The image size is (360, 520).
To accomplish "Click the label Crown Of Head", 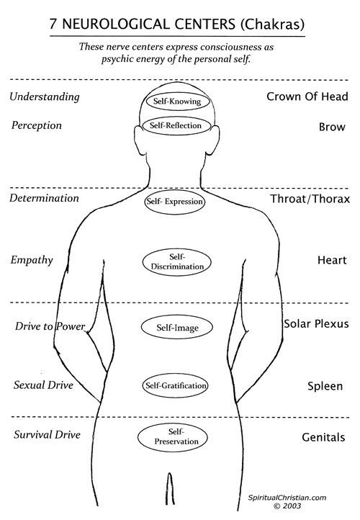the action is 307,97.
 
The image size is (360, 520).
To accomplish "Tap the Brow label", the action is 332,127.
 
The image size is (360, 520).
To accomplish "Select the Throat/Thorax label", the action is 310,199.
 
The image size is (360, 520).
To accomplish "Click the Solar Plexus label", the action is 316,323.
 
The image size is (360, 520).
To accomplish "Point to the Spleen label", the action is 325,386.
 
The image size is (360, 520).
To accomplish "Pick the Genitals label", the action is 323,437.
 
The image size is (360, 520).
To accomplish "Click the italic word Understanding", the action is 45,97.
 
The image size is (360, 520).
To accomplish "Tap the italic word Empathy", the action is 32,260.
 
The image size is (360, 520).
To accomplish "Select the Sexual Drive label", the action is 43,385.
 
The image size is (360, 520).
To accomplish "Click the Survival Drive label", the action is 47,434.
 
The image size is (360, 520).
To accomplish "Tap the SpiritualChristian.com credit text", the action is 287,498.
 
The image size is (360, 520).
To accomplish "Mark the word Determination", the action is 44,198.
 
